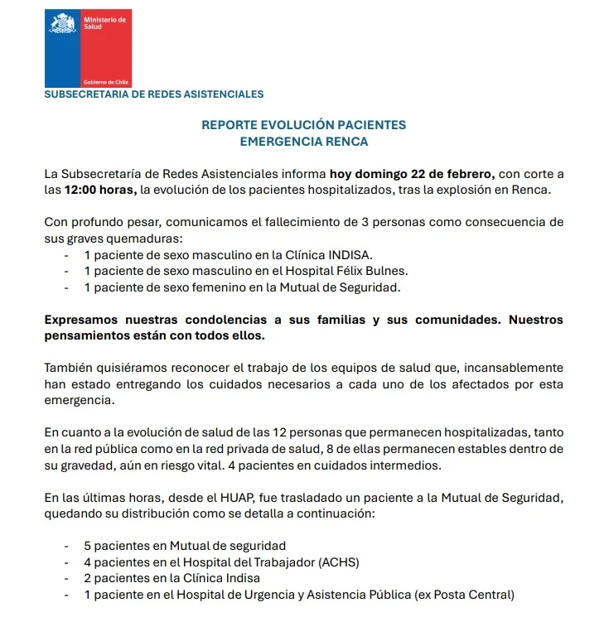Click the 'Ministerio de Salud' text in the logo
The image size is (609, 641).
pos(104,22)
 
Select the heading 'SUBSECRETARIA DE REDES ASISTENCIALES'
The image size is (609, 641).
pos(153,94)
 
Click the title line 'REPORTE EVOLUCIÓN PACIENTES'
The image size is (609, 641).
pos(304,125)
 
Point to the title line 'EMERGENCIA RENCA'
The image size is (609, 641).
pos(304,142)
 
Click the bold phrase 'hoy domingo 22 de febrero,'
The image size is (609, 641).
pos(412,174)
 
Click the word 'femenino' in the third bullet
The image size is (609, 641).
pos(241,287)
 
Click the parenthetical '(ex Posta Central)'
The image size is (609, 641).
pos(465,595)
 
